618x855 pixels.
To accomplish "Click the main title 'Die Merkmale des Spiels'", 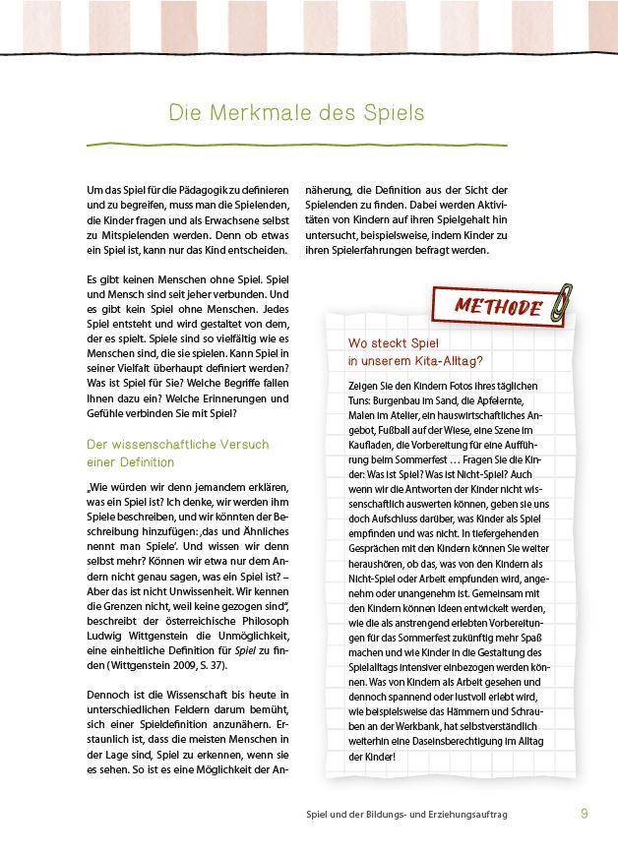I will point(296,113).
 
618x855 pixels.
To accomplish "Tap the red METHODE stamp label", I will point(498,306).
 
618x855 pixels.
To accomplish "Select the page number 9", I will point(585,814).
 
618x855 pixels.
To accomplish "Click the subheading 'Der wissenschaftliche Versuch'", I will point(177,445).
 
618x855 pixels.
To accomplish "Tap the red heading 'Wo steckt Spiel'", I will point(390,343).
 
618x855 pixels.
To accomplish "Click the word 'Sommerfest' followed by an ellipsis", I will point(430,459).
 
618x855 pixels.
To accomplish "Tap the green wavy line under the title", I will point(296,145).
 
